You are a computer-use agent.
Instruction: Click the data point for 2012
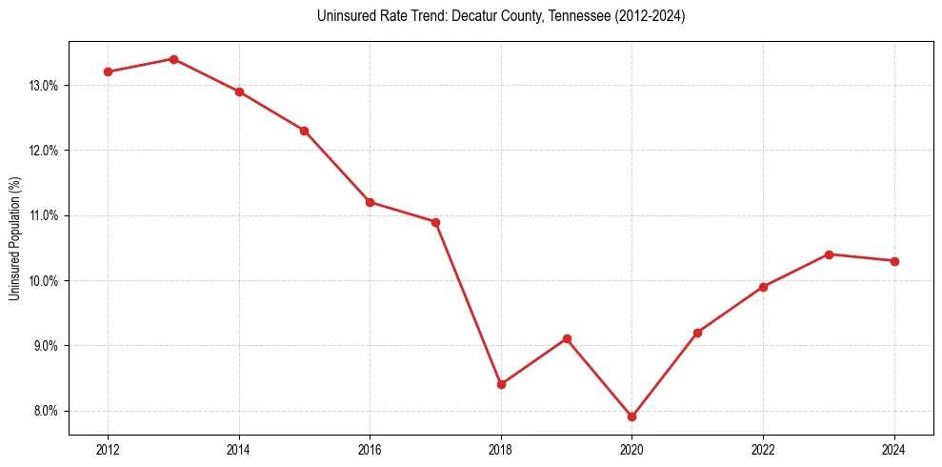[108, 71]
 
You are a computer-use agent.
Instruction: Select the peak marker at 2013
[173, 59]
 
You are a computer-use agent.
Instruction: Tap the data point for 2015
[304, 131]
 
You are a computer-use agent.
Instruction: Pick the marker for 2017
[435, 222]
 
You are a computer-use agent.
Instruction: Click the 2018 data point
[501, 384]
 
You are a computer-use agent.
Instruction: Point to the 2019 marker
[567, 338]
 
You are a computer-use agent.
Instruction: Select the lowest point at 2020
[632, 416]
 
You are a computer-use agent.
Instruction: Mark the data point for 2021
[698, 333]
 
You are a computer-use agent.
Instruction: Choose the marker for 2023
[829, 254]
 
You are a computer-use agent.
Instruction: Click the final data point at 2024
[894, 261]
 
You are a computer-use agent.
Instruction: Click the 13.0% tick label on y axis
[44, 86]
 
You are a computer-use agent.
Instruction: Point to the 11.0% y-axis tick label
[44, 216]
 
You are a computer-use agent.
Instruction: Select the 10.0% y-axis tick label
[44, 281]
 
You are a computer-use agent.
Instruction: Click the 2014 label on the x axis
[239, 450]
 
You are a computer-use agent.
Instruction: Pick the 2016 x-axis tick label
[370, 450]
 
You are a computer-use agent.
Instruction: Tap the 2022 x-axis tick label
[763, 450]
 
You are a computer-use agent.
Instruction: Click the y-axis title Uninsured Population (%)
[14, 238]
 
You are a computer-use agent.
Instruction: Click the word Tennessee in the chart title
[579, 16]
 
